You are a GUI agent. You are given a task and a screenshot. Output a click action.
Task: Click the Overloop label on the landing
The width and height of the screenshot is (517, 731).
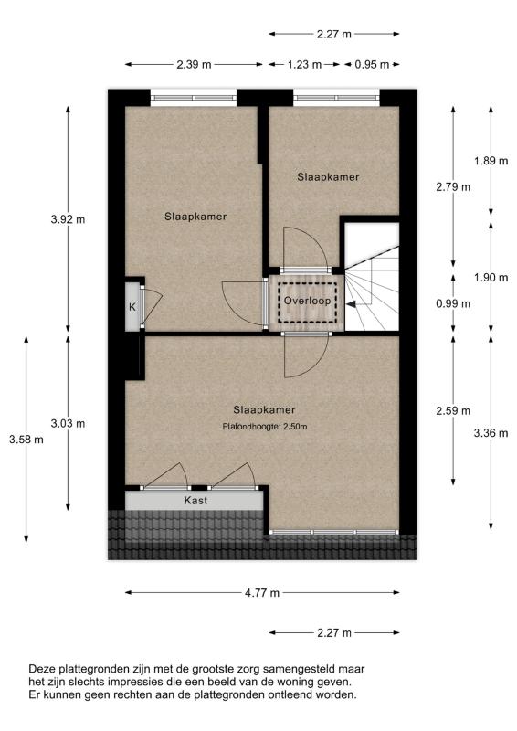point(306,300)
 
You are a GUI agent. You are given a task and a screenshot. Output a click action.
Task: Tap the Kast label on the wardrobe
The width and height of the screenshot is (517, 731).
point(195,501)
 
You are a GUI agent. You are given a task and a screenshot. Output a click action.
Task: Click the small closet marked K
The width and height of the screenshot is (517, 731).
point(132,307)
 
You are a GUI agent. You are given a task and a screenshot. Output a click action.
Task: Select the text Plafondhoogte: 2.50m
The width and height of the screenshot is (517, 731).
point(264,427)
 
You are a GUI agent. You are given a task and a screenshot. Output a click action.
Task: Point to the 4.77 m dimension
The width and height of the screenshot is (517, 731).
point(263,593)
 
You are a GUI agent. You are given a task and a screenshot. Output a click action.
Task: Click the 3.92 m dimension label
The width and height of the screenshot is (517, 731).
point(68,219)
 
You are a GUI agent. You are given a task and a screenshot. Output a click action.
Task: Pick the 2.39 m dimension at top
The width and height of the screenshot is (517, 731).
point(194,65)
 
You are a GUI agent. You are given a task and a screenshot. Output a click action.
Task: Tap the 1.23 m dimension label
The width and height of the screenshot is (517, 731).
point(304,65)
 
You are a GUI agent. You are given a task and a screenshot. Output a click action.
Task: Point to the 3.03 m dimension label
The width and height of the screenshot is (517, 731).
point(68,423)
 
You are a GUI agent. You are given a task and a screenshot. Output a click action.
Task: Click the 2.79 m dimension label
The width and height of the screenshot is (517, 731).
point(453,187)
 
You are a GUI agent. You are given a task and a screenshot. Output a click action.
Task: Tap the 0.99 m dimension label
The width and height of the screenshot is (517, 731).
point(453,303)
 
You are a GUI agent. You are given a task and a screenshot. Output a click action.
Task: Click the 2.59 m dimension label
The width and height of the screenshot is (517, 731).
point(453,410)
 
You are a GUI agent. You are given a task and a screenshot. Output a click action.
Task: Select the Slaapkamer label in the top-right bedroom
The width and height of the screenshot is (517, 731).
point(328,177)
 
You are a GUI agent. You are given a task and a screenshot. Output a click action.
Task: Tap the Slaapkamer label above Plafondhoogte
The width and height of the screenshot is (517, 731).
point(264,409)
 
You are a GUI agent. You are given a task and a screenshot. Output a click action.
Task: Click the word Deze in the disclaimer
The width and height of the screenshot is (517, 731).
point(43,669)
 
